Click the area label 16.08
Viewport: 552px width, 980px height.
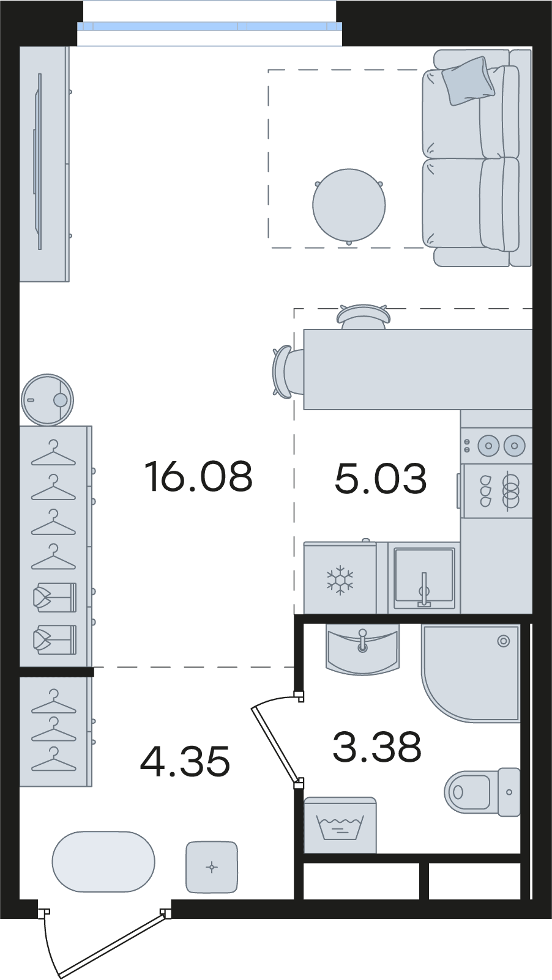[198, 476]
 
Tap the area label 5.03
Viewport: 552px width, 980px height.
[380, 479]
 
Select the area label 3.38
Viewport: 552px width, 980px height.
[377, 747]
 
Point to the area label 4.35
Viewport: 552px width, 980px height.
[185, 762]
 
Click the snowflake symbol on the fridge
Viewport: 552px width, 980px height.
[340, 580]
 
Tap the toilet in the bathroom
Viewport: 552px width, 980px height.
[482, 792]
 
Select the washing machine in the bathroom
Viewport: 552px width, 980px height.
[340, 825]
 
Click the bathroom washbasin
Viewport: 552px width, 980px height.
[363, 649]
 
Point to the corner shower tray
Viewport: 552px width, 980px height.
[471, 673]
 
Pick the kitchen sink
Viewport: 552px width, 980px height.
[424, 578]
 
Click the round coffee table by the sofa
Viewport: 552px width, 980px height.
[349, 205]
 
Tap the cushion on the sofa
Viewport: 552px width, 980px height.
[468, 81]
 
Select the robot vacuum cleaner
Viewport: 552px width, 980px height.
[47, 399]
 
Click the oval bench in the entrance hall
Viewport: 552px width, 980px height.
[103, 861]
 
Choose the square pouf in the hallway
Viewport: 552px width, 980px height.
[212, 867]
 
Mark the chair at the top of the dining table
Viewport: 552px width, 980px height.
[363, 317]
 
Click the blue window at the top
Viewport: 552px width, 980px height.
[209, 26]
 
